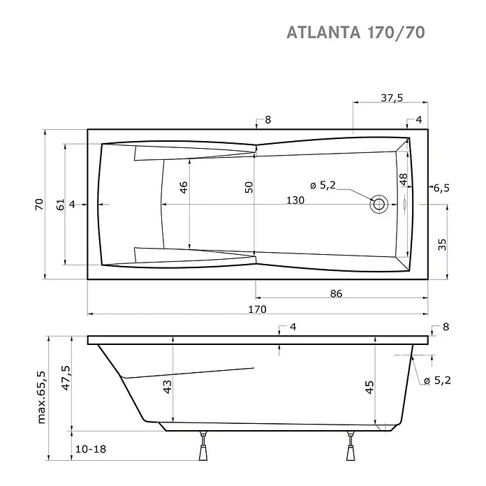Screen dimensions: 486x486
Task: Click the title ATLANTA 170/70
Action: coord(355,32)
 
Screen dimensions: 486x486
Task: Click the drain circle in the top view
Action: coord(378,205)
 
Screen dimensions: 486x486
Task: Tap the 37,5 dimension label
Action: coord(392,98)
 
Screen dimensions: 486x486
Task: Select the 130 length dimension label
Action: coord(295,200)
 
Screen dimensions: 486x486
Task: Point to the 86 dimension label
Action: coord(336,293)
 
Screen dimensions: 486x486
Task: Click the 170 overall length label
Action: coord(257,309)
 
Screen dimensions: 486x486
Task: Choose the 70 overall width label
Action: coord(39,205)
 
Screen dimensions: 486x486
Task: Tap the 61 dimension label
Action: coord(61,205)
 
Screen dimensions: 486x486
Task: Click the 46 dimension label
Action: coord(184,188)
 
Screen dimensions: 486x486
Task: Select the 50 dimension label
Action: coord(249,188)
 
